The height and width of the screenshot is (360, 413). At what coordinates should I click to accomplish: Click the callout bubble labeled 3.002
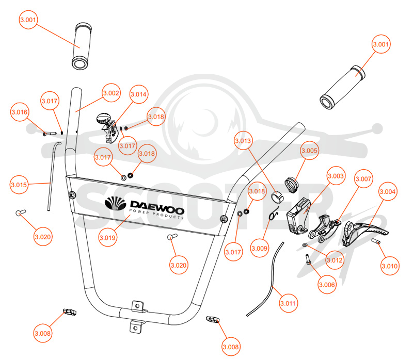(111, 93)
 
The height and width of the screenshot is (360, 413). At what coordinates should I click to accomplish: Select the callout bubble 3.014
(138, 94)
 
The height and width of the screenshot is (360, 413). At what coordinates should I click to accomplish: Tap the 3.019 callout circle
(107, 238)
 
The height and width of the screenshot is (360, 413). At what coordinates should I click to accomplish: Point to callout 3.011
(288, 303)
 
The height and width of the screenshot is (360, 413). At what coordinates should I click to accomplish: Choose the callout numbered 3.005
(309, 151)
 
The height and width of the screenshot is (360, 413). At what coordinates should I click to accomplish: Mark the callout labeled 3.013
(243, 141)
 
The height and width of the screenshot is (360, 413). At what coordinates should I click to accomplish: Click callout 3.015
(19, 185)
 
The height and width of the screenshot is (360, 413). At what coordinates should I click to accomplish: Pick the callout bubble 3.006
(327, 285)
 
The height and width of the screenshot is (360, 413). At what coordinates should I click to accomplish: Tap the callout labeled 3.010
(390, 266)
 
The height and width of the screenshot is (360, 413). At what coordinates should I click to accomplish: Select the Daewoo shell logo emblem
(115, 203)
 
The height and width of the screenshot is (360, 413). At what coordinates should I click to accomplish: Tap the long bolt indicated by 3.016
(50, 134)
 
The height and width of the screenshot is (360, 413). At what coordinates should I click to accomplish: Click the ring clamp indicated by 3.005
(292, 185)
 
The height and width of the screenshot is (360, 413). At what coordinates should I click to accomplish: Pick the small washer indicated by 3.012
(305, 246)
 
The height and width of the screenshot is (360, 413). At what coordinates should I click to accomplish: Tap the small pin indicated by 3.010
(376, 241)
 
